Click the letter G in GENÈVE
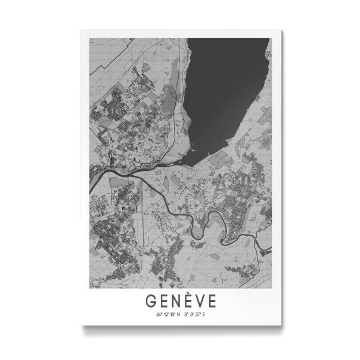[x=151, y=301]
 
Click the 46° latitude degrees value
[x=159, y=314]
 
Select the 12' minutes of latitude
[x=165, y=314]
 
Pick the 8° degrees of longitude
[x=187, y=314]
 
